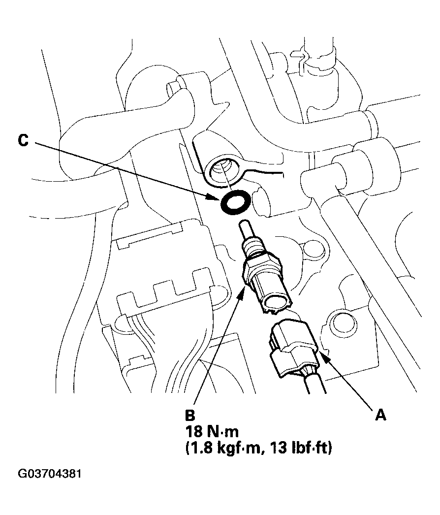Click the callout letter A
point(379,416)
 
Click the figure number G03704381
point(49,474)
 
